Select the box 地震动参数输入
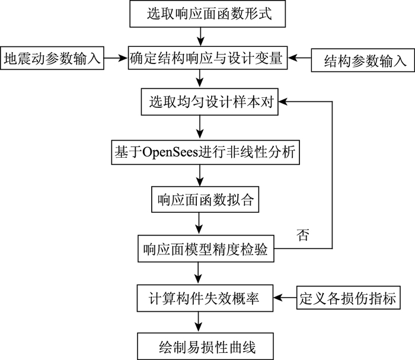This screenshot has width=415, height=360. coord(53,59)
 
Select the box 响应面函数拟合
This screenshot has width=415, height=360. coord(202,199)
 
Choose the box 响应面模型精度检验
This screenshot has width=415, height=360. coord(205,249)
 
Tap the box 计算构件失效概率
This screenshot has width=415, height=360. coord(205,295)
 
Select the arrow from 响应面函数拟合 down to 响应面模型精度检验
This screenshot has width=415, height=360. coord(202,224)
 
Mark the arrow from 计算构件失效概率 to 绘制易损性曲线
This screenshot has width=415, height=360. coord(202,320)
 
